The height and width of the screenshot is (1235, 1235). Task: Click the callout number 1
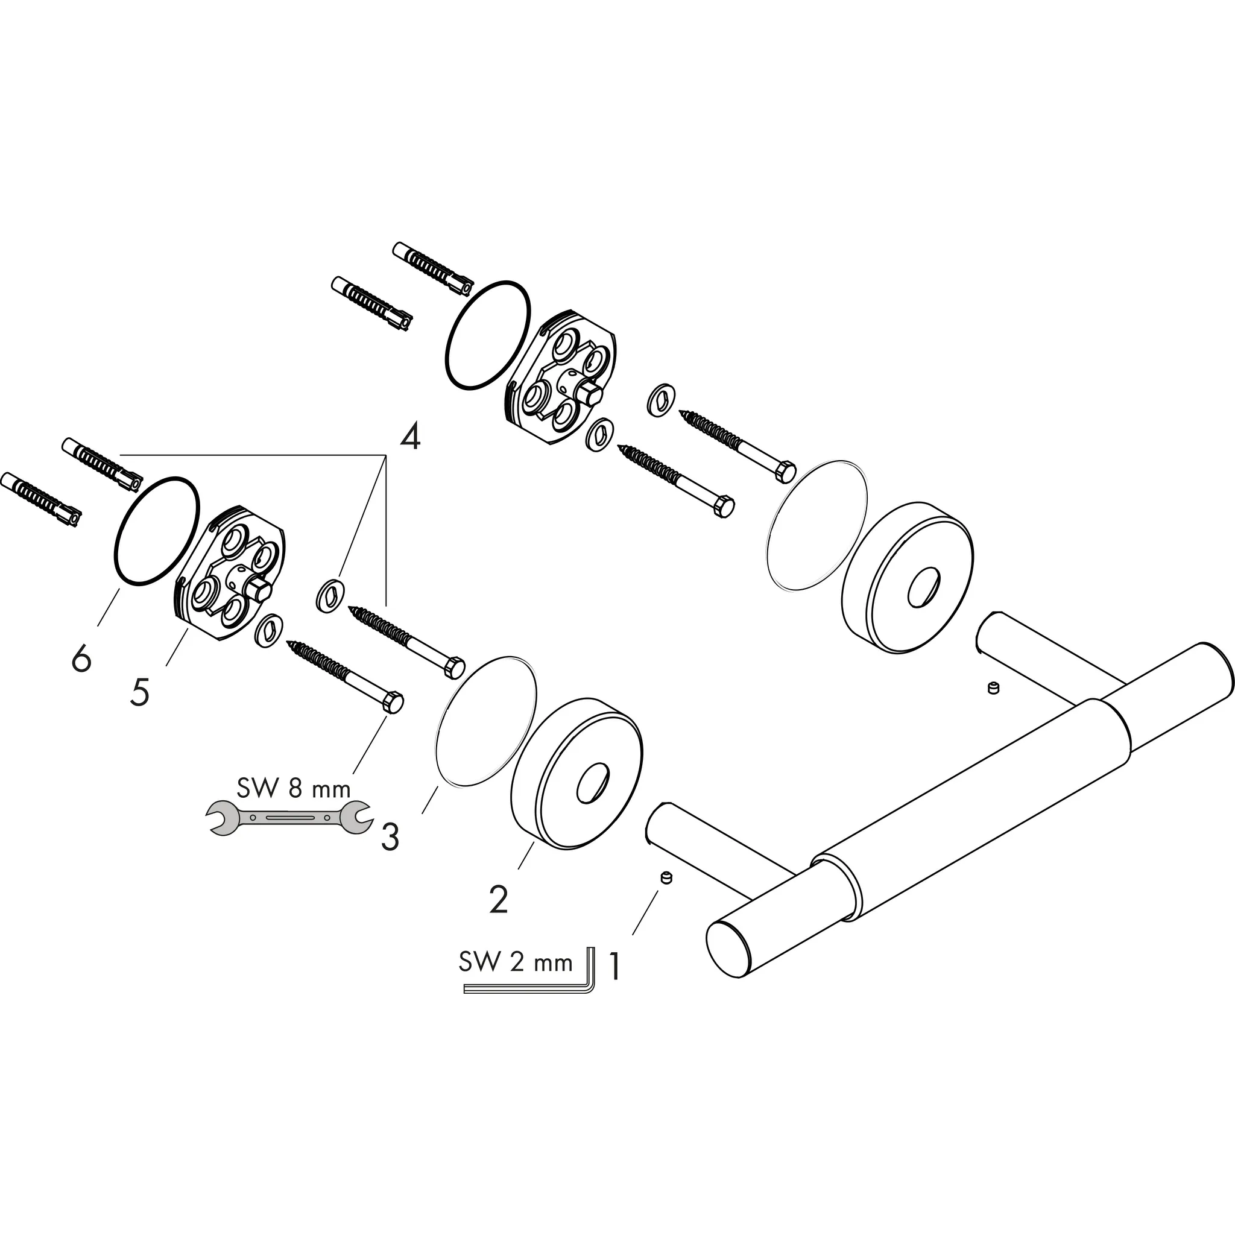(x=614, y=967)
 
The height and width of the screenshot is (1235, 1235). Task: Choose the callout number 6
(x=81, y=659)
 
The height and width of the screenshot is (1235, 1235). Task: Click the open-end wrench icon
(x=288, y=818)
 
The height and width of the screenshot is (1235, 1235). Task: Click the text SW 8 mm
(x=294, y=788)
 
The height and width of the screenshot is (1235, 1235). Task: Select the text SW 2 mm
(x=515, y=962)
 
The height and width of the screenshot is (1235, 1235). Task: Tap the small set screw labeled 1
(x=666, y=878)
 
